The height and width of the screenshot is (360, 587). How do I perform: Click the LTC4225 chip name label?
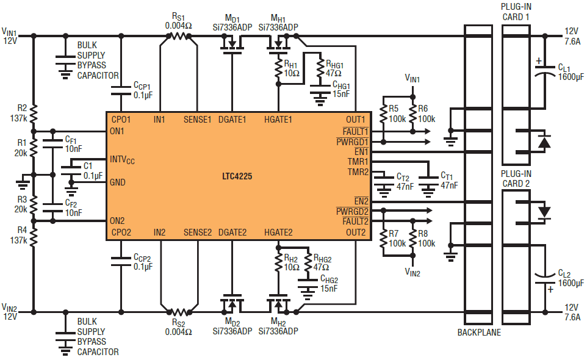tap(237, 176)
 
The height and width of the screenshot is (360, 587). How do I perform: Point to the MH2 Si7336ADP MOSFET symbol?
tap(278, 303)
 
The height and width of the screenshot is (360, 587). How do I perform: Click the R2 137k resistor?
tap(34, 113)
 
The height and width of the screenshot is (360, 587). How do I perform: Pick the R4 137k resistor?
tap(34, 237)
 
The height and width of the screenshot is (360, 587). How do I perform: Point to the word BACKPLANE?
tap(479, 333)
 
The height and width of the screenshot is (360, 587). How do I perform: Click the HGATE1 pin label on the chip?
tap(278, 120)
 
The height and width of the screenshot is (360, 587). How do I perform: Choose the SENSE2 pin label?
tap(198, 232)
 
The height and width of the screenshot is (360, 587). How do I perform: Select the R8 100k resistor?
tap(412, 239)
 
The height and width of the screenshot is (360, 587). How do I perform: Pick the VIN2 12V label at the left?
tap(10, 311)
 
